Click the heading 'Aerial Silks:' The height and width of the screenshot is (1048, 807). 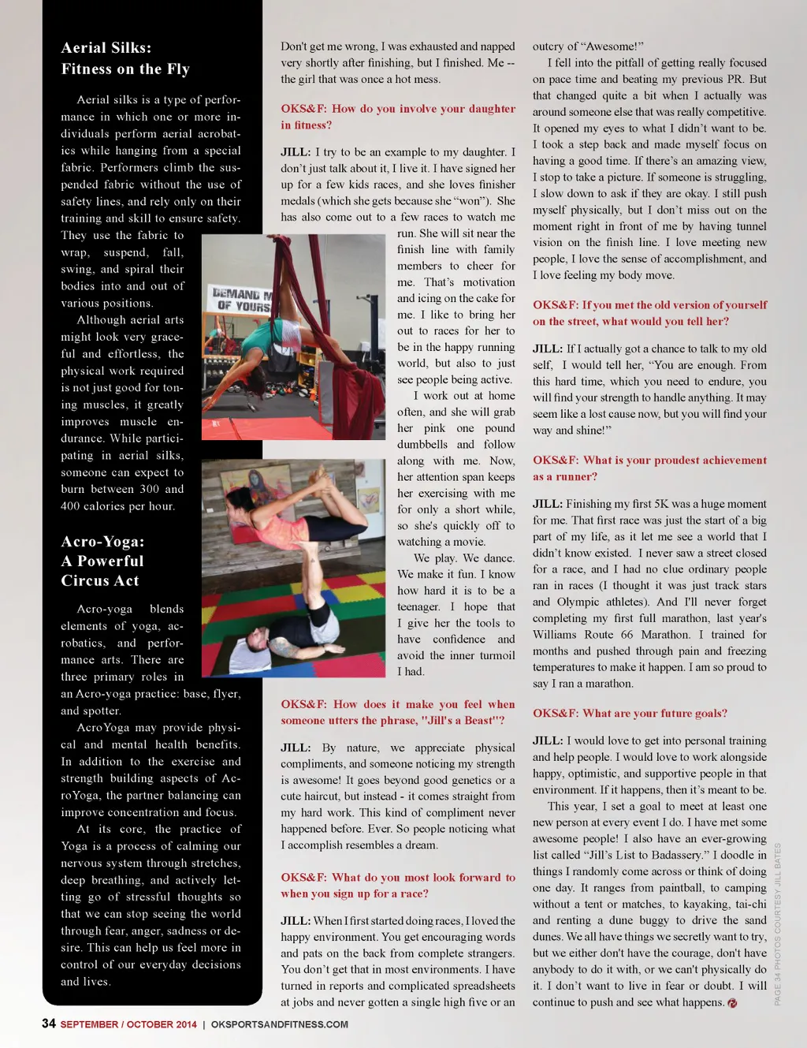pos(106,48)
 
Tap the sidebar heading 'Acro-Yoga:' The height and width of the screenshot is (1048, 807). pos(102,542)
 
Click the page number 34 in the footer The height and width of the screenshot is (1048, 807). pos(49,1024)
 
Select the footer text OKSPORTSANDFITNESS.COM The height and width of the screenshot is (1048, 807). pos(279,1024)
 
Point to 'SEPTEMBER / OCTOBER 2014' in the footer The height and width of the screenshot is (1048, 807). pos(128,1024)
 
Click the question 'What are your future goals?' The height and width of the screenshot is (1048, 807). pos(630,713)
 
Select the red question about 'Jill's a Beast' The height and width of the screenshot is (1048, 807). pos(397,712)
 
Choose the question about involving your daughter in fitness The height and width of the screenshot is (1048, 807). pos(397,117)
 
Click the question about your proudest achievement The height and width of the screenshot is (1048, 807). pos(649,468)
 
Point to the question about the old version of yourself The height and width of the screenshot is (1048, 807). pos(649,313)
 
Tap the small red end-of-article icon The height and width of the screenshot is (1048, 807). pos(732,1003)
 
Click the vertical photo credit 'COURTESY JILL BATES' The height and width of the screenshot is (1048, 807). pos(777,891)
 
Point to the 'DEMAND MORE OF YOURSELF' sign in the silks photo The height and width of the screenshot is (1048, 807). pos(240,300)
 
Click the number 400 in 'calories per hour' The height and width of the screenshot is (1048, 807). pos(73,506)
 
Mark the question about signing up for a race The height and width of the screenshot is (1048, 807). pos(397,886)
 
